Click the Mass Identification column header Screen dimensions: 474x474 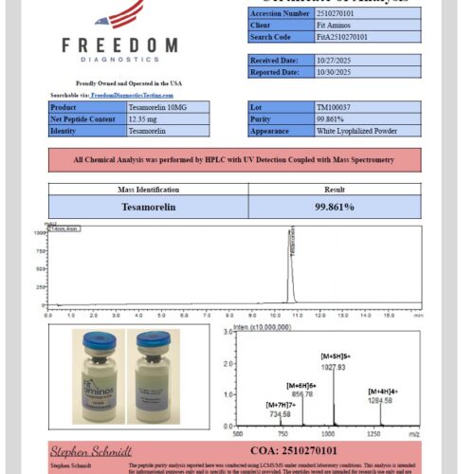[148, 189]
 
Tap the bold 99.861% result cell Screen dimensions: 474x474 [335, 206]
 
